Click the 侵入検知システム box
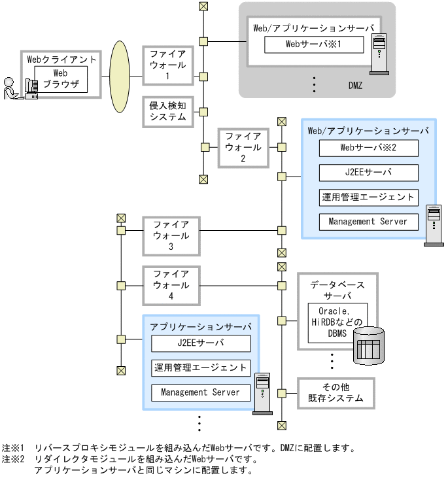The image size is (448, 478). coord(168,111)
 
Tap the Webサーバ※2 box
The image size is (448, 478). coord(369,148)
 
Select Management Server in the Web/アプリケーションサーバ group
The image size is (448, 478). coord(369,222)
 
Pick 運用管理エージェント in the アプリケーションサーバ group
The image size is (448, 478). coord(200,367)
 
